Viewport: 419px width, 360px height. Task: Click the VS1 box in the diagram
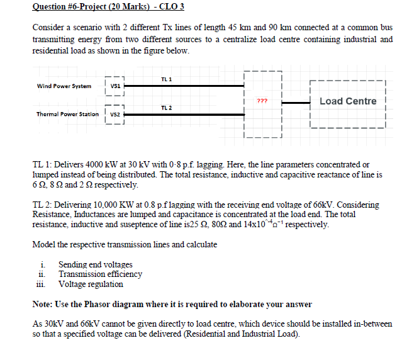116,86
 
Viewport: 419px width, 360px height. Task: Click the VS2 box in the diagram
116,115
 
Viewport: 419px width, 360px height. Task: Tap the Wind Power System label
64,86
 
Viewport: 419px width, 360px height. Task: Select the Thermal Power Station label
67,115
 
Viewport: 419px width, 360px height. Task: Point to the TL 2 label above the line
167,108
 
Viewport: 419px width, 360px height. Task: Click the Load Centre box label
348,101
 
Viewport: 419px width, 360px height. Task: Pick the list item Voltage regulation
91,284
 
